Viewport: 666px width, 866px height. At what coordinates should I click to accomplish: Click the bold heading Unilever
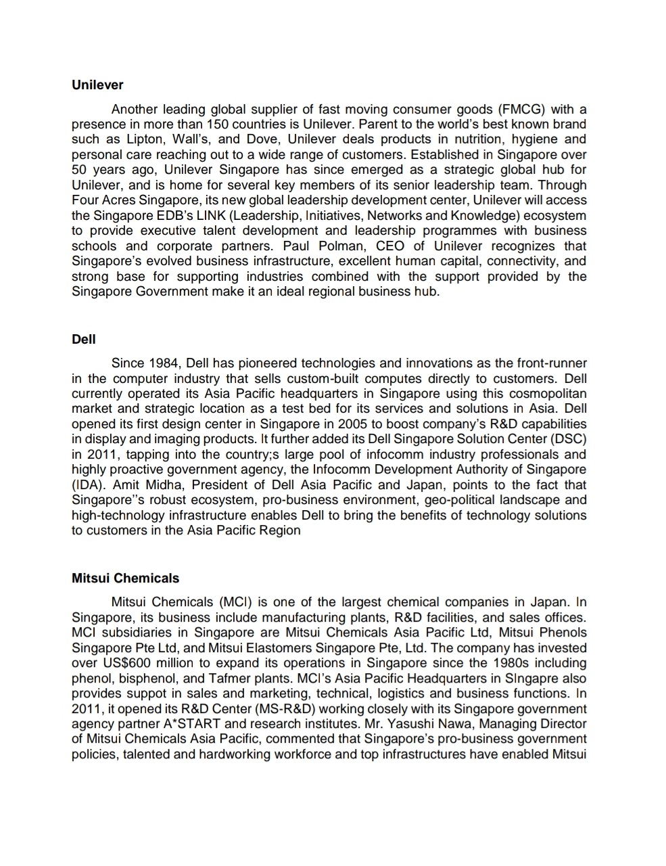point(97,85)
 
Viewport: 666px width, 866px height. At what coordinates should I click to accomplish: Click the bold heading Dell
point(84,339)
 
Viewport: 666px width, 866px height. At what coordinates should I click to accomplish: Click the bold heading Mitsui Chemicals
point(126,578)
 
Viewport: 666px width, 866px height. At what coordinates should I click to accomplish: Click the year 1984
point(162,363)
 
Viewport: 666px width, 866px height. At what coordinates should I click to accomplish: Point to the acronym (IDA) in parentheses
point(89,485)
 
